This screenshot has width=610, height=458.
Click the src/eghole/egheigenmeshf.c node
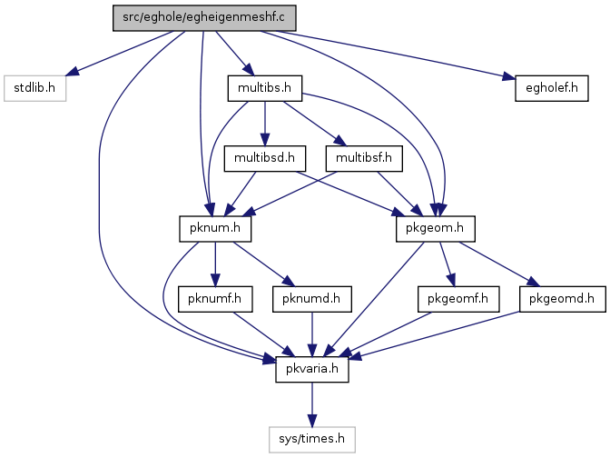[204, 18]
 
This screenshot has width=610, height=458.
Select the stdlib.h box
[35, 88]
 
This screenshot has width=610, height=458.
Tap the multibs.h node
[265, 88]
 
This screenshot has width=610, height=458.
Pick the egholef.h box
[552, 88]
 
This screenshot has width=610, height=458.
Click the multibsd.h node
[265, 158]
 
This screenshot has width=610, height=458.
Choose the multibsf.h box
[364, 158]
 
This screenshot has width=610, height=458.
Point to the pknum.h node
[215, 229]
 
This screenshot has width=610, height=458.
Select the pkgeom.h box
[436, 229]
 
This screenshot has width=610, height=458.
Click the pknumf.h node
[215, 299]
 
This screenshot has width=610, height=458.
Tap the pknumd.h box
[312, 299]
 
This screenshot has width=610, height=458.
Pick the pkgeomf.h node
[458, 299]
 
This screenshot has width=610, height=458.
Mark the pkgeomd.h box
[562, 299]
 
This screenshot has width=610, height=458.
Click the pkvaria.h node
[312, 369]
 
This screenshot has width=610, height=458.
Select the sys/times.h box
[312, 440]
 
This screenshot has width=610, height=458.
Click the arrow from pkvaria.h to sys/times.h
[312, 404]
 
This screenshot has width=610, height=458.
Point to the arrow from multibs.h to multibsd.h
[265, 124]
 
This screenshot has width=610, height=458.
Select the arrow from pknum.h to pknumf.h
[215, 264]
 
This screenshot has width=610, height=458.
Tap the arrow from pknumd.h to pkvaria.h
[312, 334]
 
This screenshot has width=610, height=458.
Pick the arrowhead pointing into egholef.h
[509, 77]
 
